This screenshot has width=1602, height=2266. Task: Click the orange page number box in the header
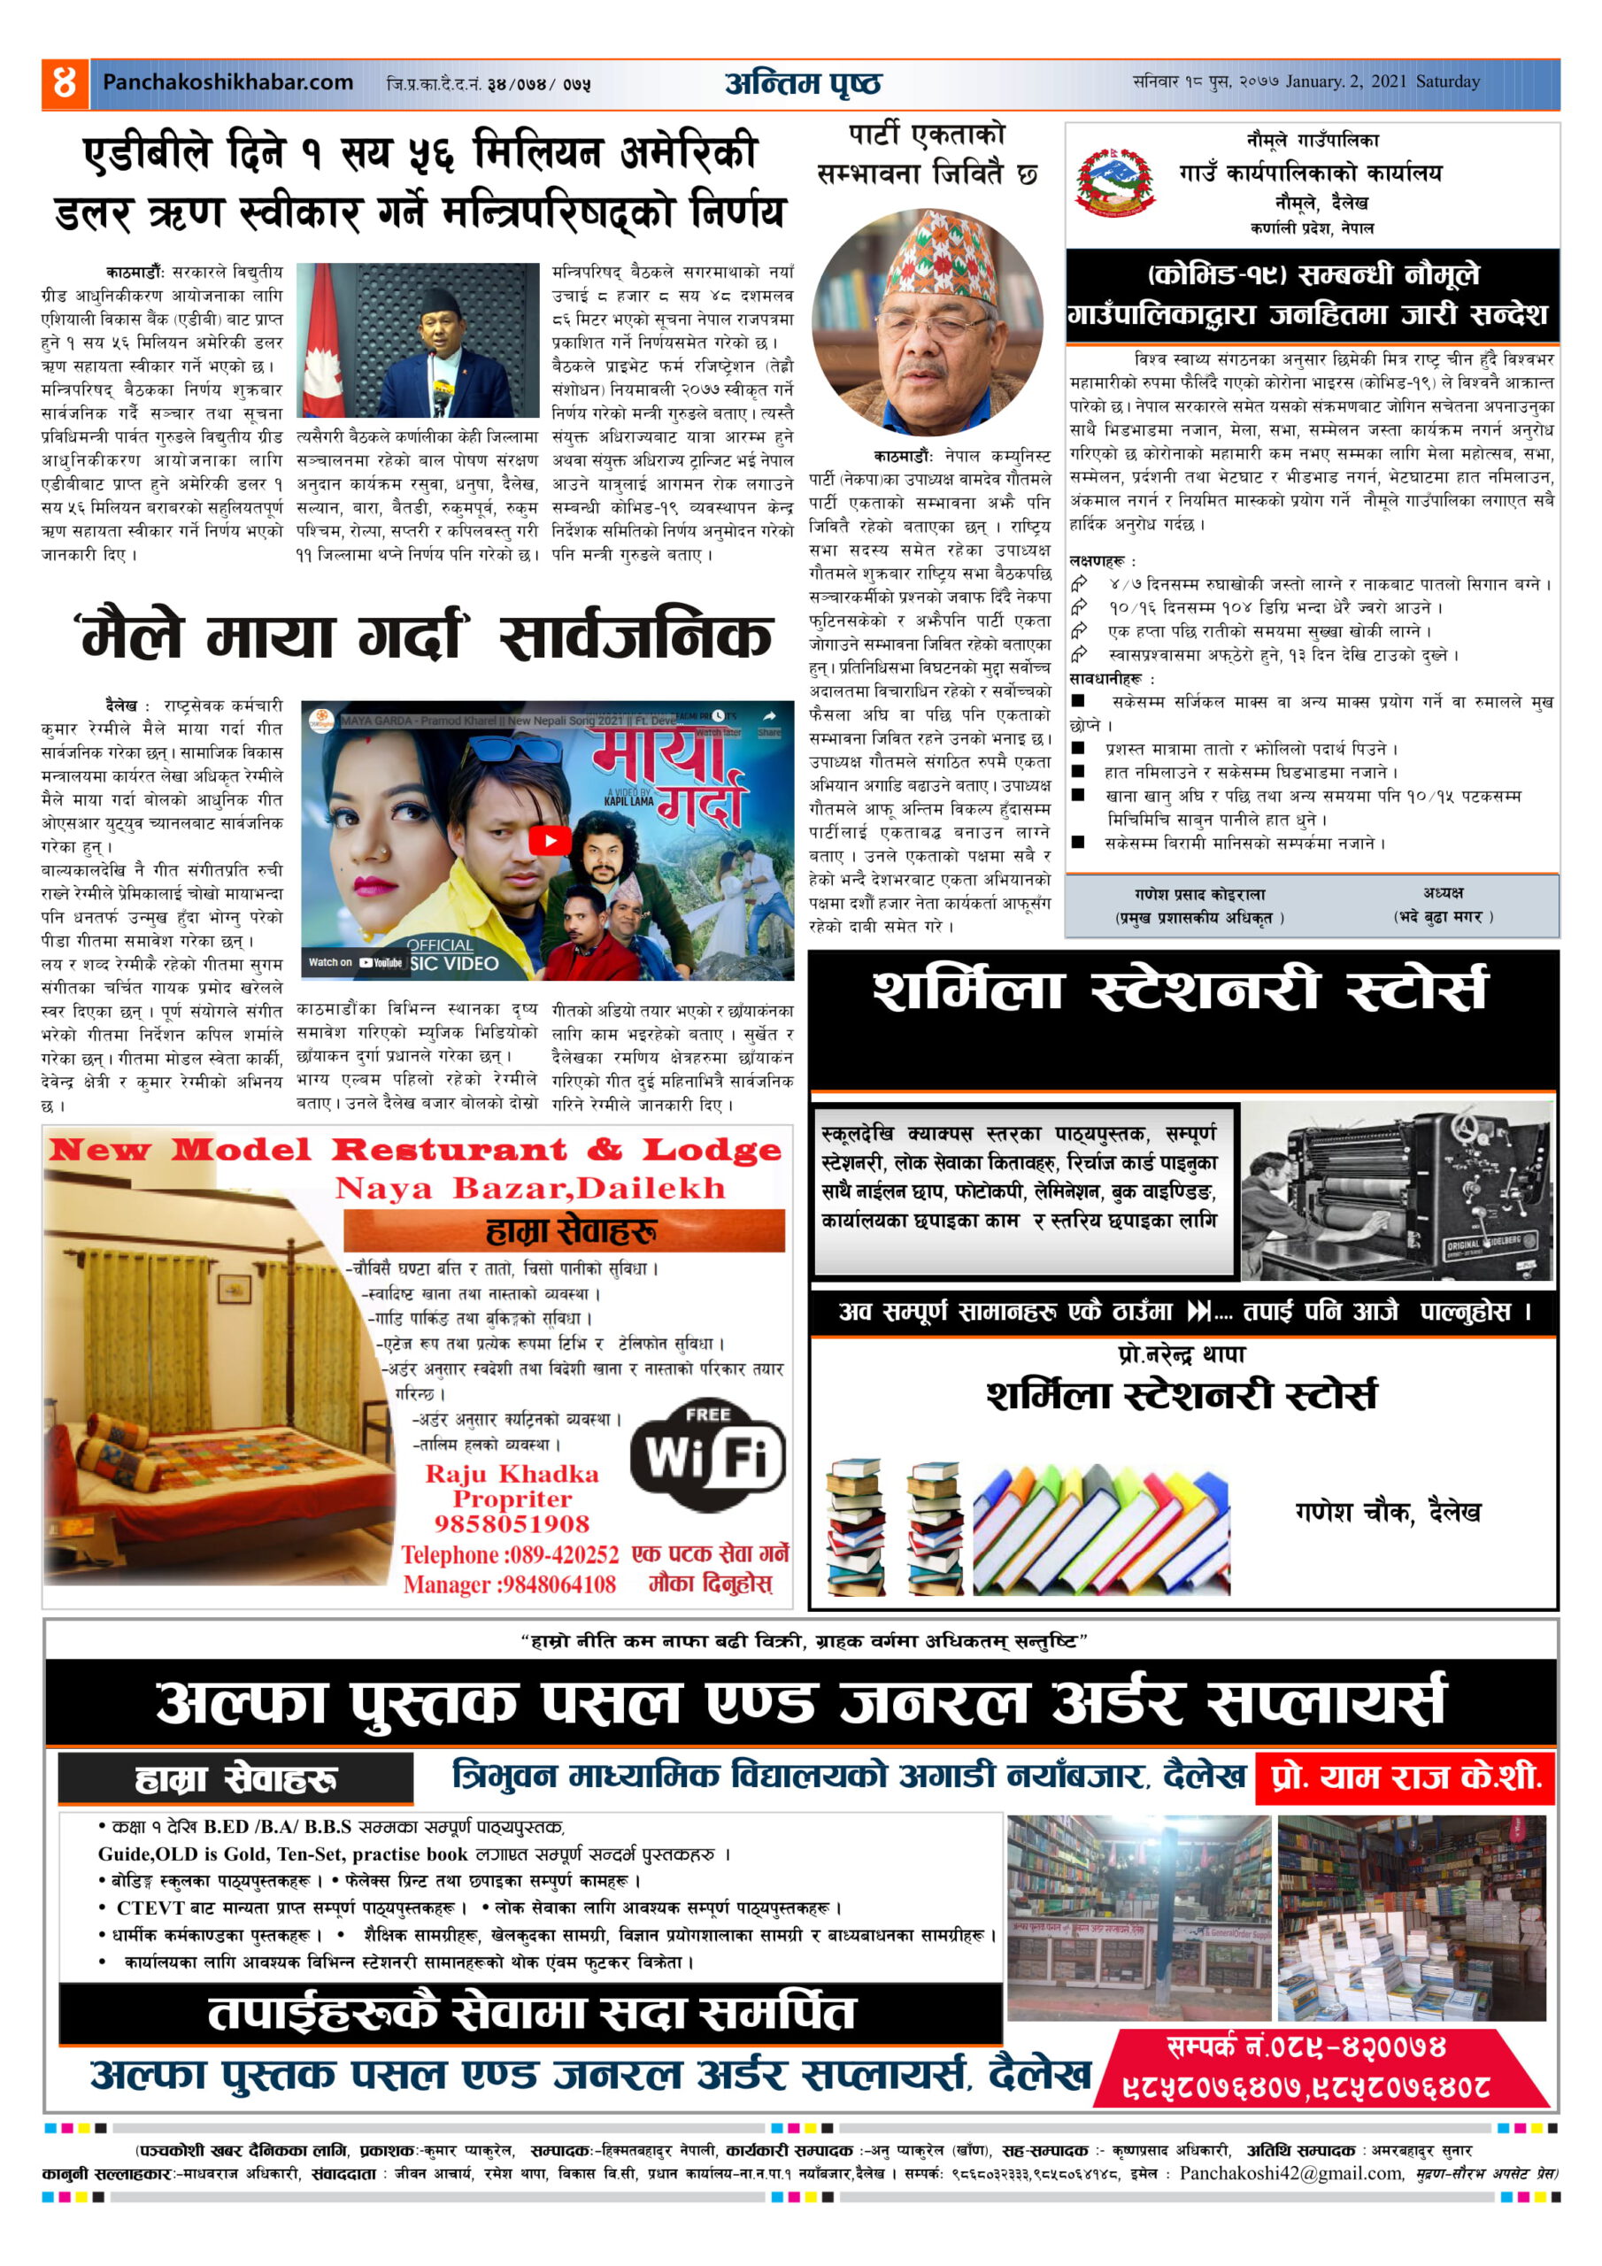point(64,83)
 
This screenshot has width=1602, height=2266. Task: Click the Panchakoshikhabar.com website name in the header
point(228,83)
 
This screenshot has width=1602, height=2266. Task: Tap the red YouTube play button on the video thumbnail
point(549,840)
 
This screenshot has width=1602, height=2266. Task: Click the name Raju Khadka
point(512,1474)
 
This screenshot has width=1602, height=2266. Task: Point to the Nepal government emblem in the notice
point(1115,181)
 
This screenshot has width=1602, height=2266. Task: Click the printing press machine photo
point(1397,1192)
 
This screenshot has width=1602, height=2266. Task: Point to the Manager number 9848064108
point(558,1585)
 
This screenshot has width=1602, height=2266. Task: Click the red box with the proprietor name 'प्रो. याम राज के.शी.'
point(1405,1777)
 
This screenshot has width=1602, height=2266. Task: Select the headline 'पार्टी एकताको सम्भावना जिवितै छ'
point(928,154)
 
